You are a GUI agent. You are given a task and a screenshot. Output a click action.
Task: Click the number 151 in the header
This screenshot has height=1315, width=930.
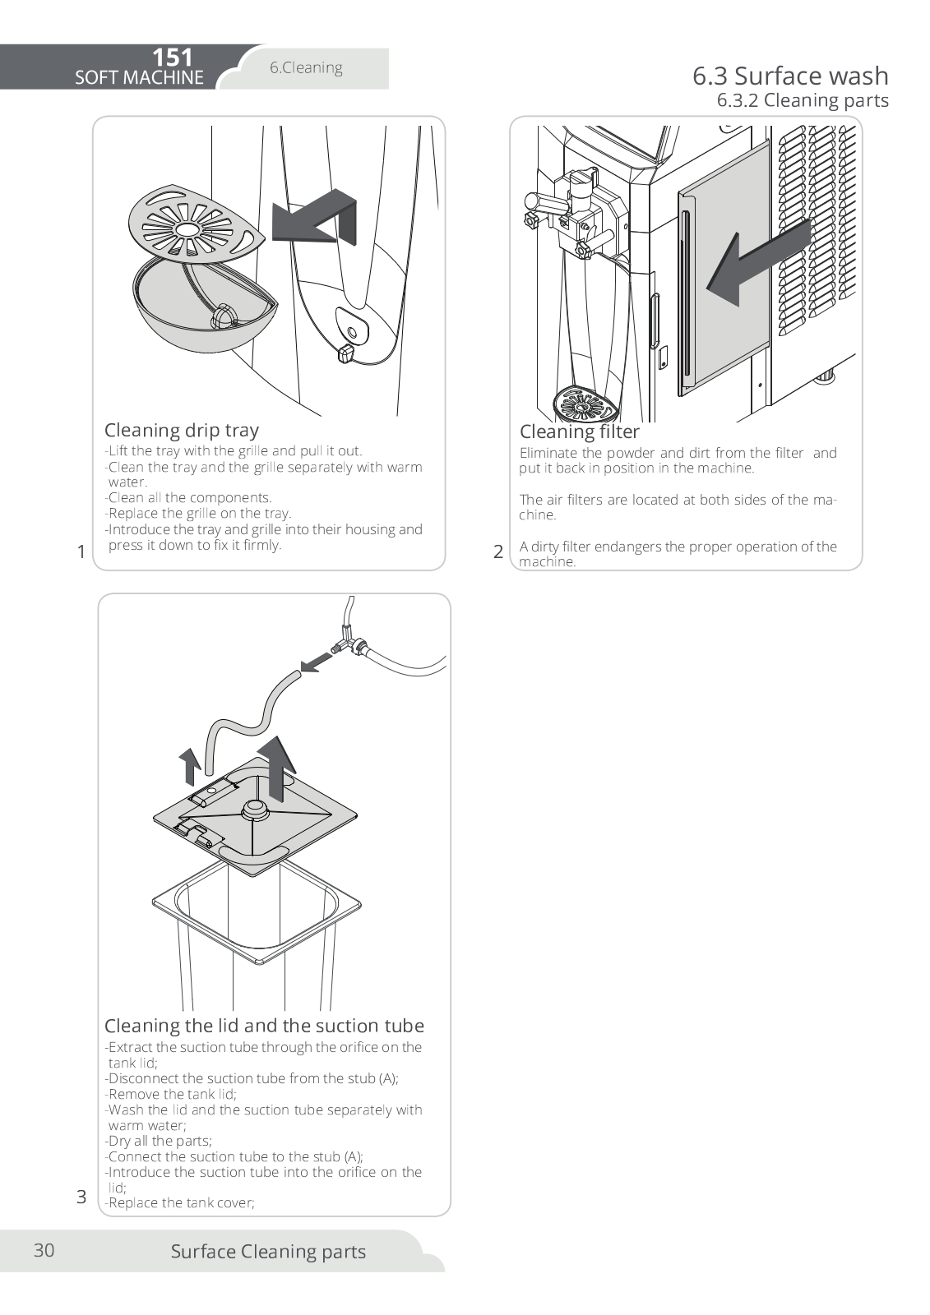click(x=173, y=58)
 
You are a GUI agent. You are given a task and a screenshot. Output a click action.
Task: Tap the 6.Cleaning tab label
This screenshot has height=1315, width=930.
click(x=306, y=67)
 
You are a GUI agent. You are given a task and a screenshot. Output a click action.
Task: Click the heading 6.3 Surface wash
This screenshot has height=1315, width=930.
click(x=789, y=76)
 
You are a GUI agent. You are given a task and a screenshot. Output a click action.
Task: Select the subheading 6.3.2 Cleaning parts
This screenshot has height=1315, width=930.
click(x=802, y=100)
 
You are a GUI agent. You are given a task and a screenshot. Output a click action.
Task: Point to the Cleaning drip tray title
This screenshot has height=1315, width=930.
click(x=181, y=430)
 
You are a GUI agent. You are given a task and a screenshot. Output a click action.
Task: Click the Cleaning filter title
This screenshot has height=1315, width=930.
click(x=579, y=431)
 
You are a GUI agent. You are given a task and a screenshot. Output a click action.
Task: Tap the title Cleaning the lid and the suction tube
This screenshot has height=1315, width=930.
click(x=264, y=1026)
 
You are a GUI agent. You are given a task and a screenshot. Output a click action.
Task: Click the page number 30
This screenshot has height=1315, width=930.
click(x=44, y=1250)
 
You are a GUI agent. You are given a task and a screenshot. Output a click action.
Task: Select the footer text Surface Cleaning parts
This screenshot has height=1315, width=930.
click(x=268, y=1252)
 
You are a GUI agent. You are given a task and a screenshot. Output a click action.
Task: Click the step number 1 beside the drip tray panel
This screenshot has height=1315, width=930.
click(x=81, y=551)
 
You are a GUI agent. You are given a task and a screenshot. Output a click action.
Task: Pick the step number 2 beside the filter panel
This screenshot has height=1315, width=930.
click(x=498, y=551)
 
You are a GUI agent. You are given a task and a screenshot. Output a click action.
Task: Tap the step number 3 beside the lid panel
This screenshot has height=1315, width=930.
click(x=81, y=1197)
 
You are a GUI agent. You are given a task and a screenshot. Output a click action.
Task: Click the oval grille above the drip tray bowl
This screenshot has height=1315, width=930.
click(x=195, y=223)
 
